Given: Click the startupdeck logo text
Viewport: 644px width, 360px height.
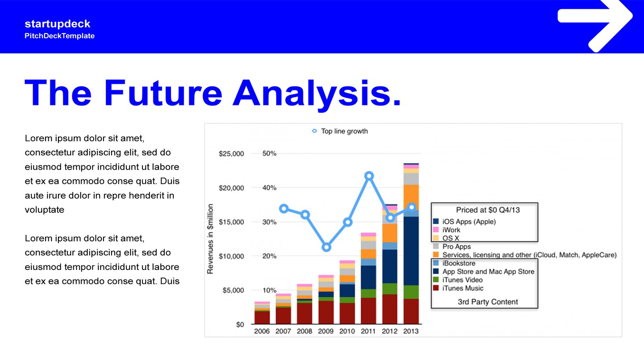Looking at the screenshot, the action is pyautogui.click(x=58, y=24).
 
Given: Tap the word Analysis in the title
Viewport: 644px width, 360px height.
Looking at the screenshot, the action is pyautogui.click(x=316, y=93).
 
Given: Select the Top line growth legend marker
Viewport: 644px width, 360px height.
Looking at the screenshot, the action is pyautogui.click(x=314, y=131).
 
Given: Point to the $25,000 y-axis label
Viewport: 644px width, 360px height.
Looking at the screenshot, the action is pyautogui.click(x=231, y=154).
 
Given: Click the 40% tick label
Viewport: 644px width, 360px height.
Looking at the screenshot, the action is pyautogui.click(x=269, y=187).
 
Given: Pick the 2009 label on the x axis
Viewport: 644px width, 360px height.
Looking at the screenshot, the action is pyautogui.click(x=326, y=331).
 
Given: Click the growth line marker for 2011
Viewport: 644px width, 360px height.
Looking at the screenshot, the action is pyautogui.click(x=369, y=175).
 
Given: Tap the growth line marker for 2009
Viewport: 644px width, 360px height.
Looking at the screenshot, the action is pyautogui.click(x=326, y=247).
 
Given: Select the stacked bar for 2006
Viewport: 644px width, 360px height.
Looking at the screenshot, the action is pyautogui.click(x=262, y=313).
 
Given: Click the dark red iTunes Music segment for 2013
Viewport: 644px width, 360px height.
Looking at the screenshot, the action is pyautogui.click(x=411, y=311).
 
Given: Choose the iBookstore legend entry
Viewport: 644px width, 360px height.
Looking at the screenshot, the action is pyautogui.click(x=454, y=263).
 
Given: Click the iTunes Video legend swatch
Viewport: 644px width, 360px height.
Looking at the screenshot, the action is pyautogui.click(x=436, y=280).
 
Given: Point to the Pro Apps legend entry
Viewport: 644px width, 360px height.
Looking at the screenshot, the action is pyautogui.click(x=452, y=247).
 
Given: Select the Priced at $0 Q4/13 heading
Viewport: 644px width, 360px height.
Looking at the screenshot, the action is pyautogui.click(x=488, y=210).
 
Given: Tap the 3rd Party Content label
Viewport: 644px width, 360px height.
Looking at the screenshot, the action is pyautogui.click(x=488, y=302).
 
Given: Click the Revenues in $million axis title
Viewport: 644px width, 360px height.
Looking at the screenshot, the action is pyautogui.click(x=210, y=239).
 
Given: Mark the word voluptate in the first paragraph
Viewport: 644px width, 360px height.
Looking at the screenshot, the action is pyautogui.click(x=45, y=210).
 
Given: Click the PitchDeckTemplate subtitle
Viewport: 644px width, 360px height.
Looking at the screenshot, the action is pyautogui.click(x=60, y=36).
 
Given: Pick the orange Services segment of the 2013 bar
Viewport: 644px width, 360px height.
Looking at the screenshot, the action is pyautogui.click(x=411, y=197).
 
